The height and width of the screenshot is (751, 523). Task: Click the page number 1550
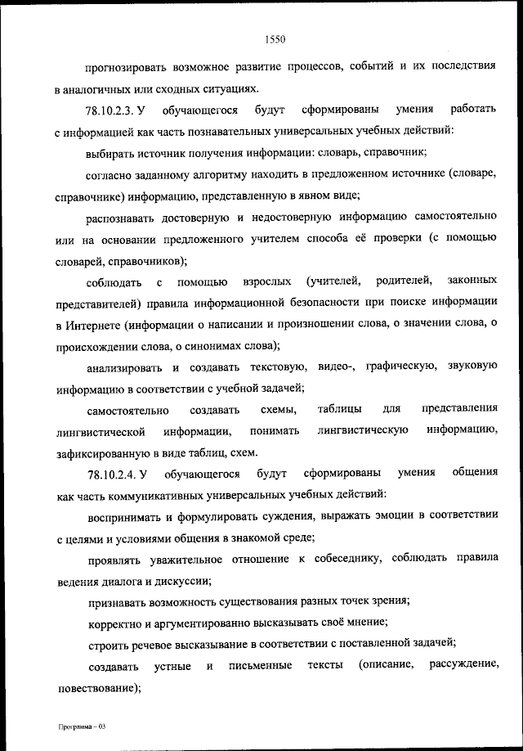pos(275,38)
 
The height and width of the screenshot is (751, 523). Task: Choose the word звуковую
pos(473,367)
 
